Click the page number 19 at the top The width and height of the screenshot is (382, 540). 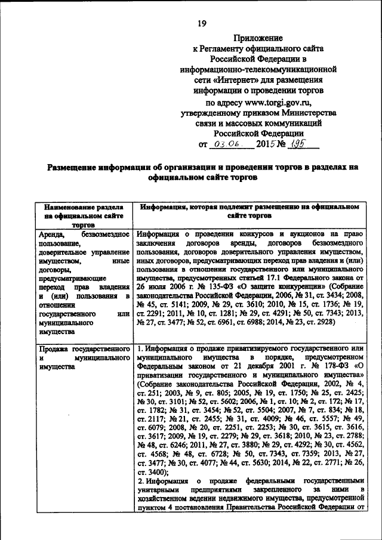point(202,23)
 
